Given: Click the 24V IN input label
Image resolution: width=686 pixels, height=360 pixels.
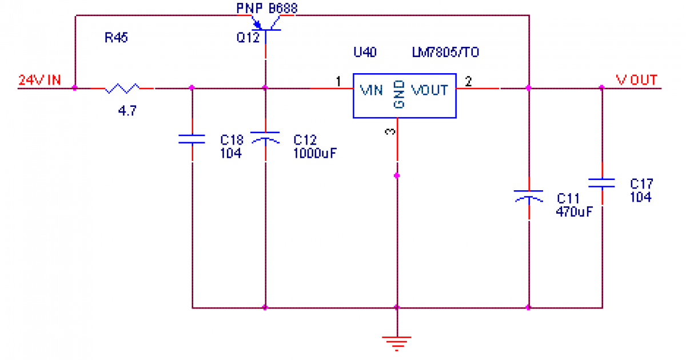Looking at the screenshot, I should pyautogui.click(x=39, y=80).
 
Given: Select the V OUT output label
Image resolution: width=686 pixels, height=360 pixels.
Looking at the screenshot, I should pyautogui.click(x=636, y=80).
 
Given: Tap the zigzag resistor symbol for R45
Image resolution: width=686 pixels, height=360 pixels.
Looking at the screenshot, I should pyautogui.click(x=122, y=88).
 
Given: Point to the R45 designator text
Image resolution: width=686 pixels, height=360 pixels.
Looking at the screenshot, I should pyautogui.click(x=116, y=39).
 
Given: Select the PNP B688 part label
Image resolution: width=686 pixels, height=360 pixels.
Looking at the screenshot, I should pyautogui.click(x=267, y=8).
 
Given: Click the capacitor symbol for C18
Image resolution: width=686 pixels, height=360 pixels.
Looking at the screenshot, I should pyautogui.click(x=192, y=138).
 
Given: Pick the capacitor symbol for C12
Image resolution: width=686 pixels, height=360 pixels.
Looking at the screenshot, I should pyautogui.click(x=265, y=138).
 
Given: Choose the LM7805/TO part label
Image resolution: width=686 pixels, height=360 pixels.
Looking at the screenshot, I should pyautogui.click(x=445, y=53).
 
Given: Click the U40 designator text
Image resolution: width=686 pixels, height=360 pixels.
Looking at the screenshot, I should pyautogui.click(x=365, y=53).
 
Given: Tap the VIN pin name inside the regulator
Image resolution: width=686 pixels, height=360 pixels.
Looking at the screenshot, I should pyautogui.click(x=371, y=90).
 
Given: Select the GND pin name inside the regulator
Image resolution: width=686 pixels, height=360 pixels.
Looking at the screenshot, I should pyautogui.click(x=398, y=94).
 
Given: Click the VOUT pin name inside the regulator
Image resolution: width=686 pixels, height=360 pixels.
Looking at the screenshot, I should pyautogui.click(x=430, y=90).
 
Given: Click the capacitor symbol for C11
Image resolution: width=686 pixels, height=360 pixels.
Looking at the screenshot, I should pyautogui.click(x=529, y=195).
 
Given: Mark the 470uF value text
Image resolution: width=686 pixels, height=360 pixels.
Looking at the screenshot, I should pyautogui.click(x=574, y=211).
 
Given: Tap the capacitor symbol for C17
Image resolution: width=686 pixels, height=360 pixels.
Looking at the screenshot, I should pyautogui.click(x=601, y=183).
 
